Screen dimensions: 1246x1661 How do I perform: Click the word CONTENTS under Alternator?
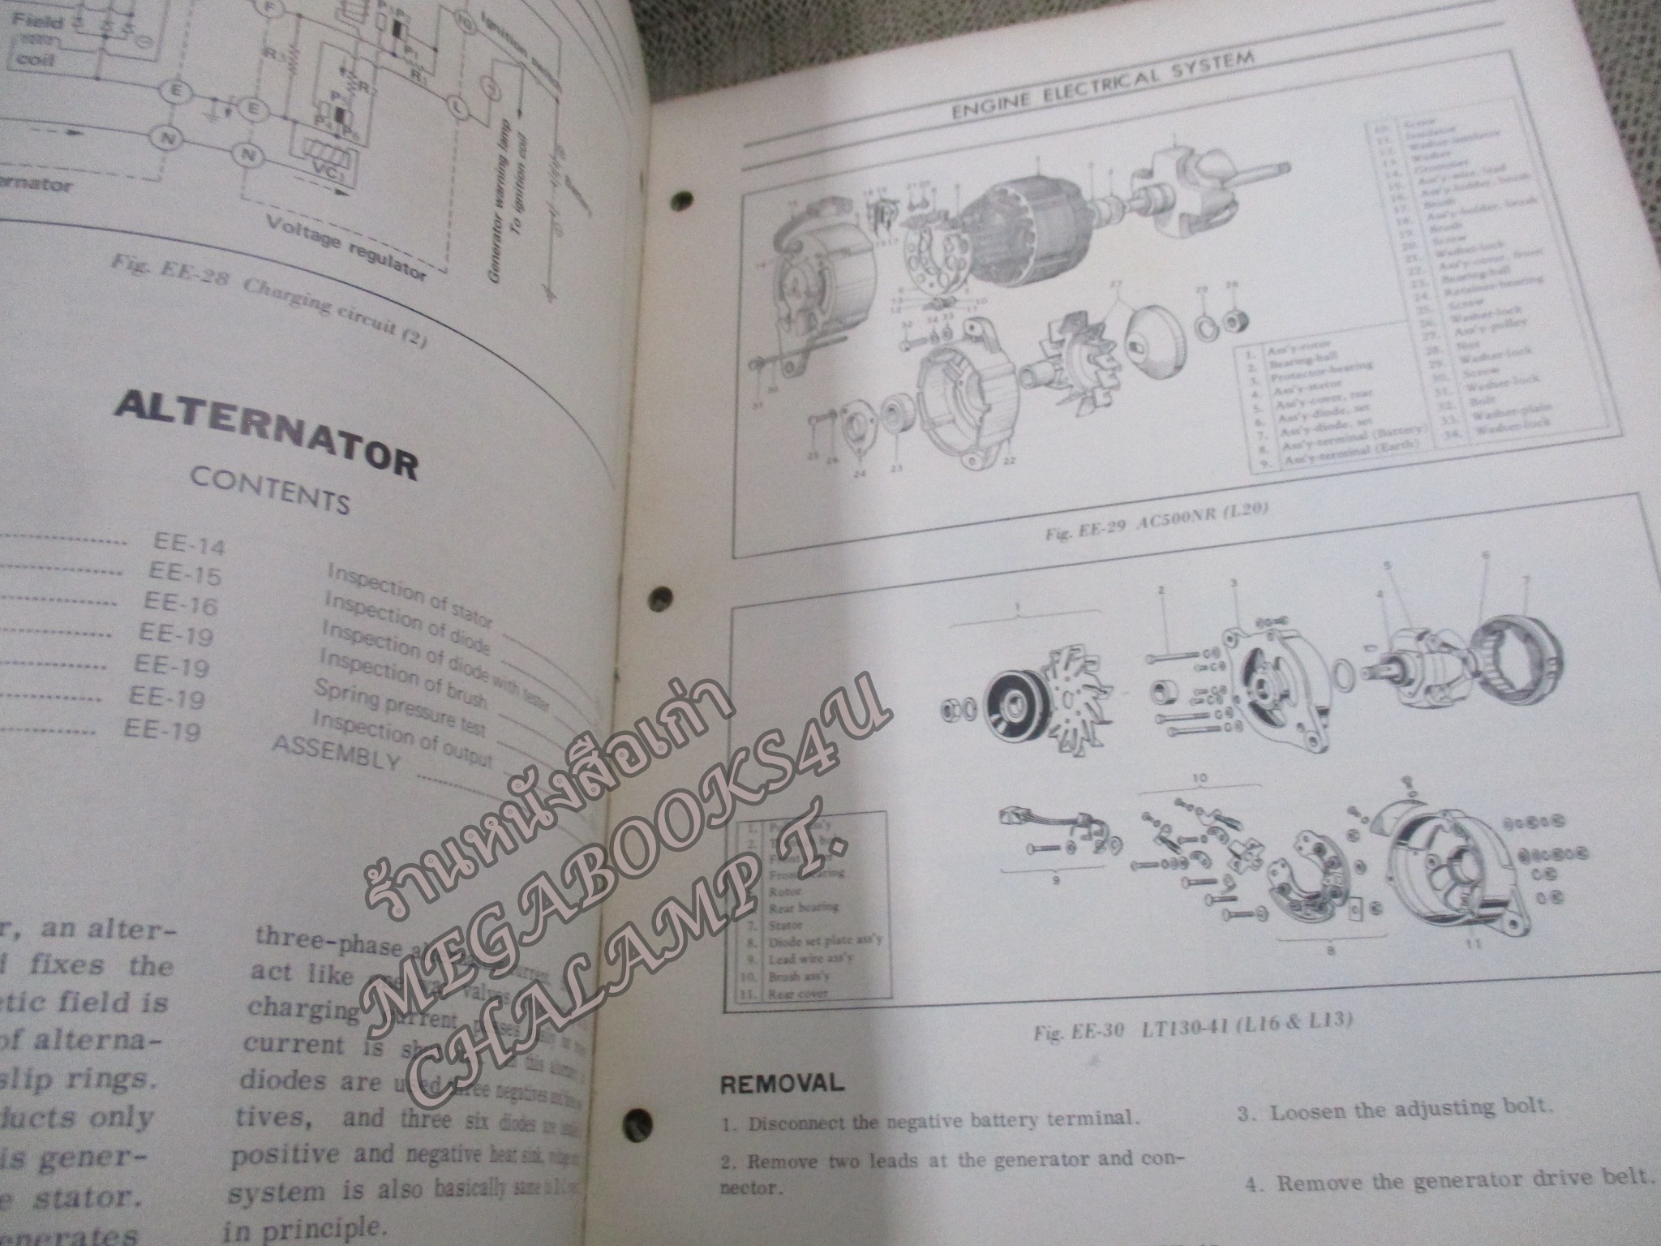click(269, 490)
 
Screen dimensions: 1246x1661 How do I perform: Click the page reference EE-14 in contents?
click(188, 544)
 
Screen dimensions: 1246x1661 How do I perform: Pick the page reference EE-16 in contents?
click(181, 604)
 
